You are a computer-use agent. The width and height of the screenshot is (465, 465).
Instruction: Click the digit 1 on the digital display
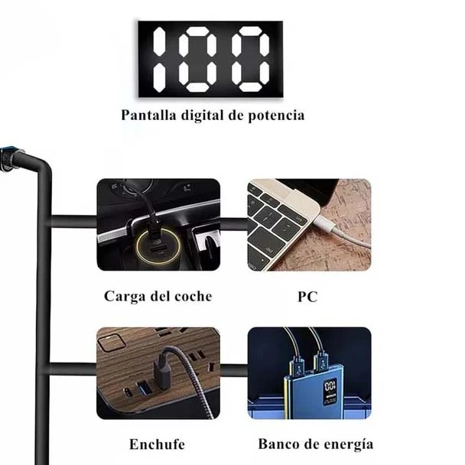(x=159, y=59)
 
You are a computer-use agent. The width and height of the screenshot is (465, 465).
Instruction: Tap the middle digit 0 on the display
(x=197, y=59)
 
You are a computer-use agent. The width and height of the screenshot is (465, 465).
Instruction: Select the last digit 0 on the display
(x=250, y=59)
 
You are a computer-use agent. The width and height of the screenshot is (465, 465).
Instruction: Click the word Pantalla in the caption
(x=148, y=115)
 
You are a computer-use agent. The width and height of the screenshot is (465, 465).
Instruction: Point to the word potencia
(x=276, y=115)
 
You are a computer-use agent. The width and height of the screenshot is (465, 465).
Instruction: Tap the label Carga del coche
(x=158, y=296)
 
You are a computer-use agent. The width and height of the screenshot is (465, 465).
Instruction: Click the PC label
(x=307, y=297)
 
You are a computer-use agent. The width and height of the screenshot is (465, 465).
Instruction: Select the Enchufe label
(x=158, y=444)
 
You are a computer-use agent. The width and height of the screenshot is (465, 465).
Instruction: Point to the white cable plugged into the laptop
(x=341, y=230)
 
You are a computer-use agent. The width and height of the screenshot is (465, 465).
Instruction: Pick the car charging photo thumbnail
(x=158, y=225)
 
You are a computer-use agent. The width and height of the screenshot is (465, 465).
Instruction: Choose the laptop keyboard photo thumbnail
(x=309, y=225)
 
